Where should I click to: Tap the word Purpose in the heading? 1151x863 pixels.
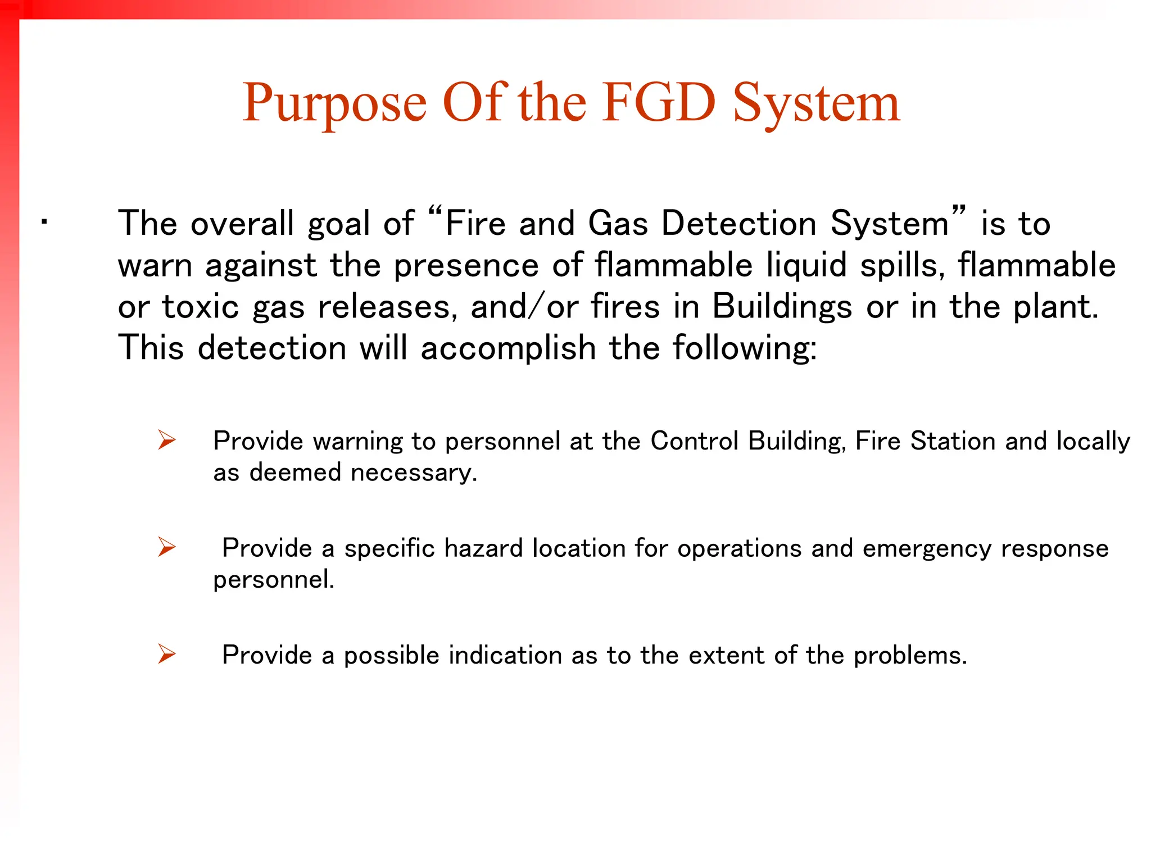tap(334, 104)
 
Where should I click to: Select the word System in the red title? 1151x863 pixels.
tap(817, 104)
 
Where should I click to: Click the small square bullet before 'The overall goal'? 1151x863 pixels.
tap(44, 222)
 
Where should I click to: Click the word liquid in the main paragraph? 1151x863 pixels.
tap(806, 265)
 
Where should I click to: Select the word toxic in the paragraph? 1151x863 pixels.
tap(200, 307)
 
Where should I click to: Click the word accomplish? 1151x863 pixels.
tap(508, 348)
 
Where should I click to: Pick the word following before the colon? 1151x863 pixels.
tap(741, 348)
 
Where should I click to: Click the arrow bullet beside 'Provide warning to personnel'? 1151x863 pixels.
tap(166, 440)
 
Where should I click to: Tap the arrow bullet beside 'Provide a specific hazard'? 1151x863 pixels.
tap(166, 547)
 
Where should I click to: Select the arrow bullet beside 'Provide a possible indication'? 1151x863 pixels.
tap(166, 654)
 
